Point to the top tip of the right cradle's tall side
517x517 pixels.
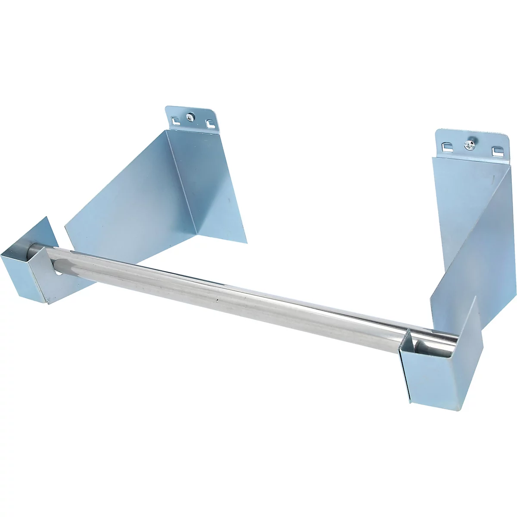[476, 297]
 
